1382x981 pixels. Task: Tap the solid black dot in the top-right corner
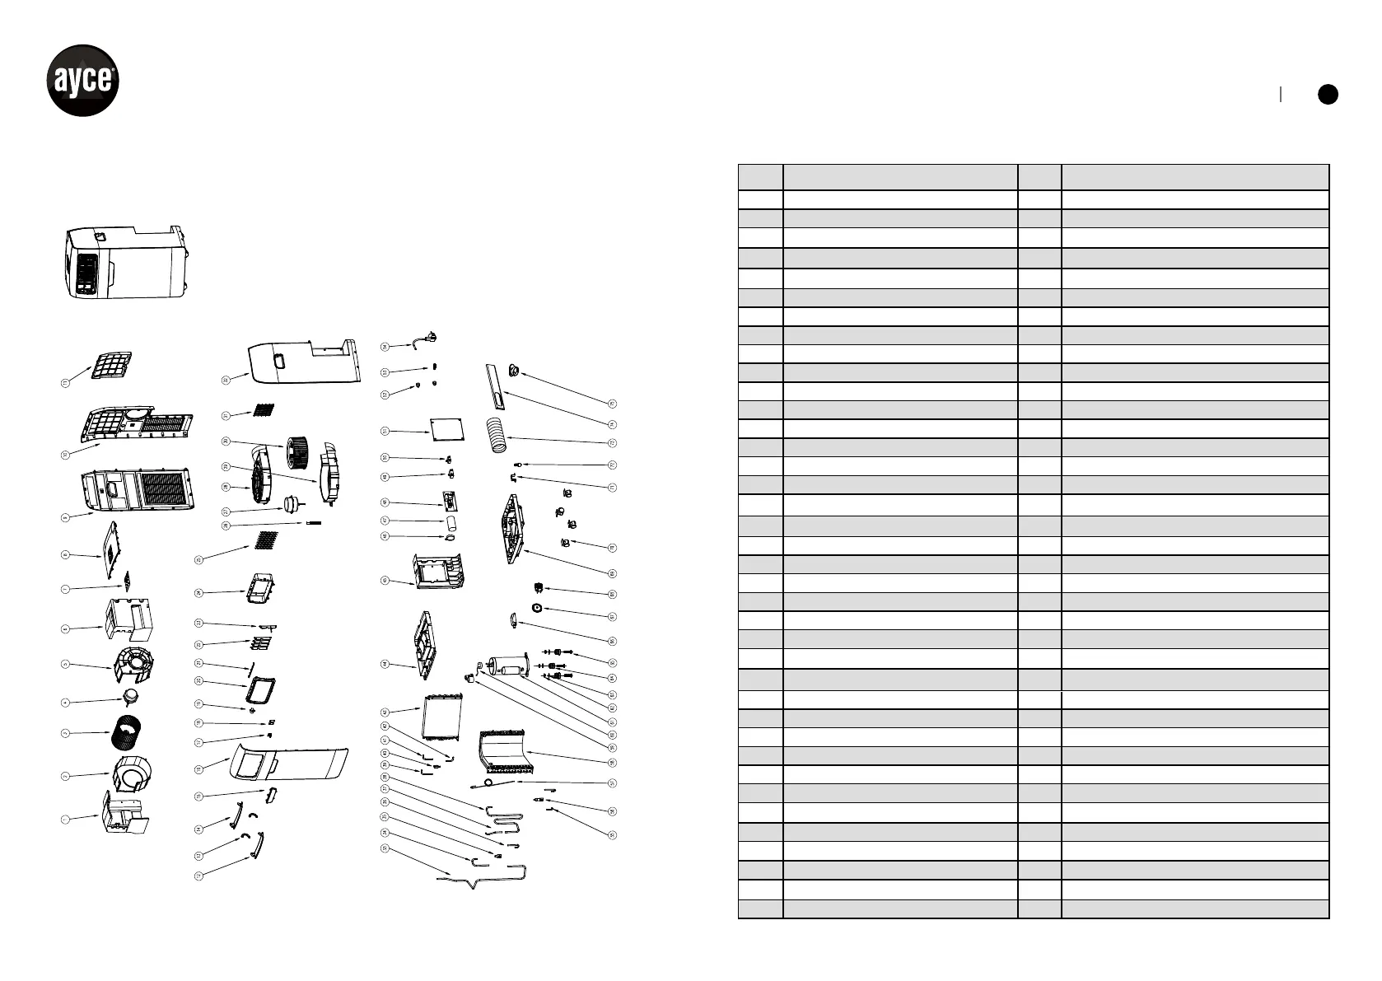pos(1327,95)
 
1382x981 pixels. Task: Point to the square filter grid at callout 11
pos(111,365)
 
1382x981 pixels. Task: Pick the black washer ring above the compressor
pos(536,608)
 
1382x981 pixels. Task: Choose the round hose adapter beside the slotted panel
pos(515,371)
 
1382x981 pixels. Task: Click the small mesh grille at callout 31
pos(262,409)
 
